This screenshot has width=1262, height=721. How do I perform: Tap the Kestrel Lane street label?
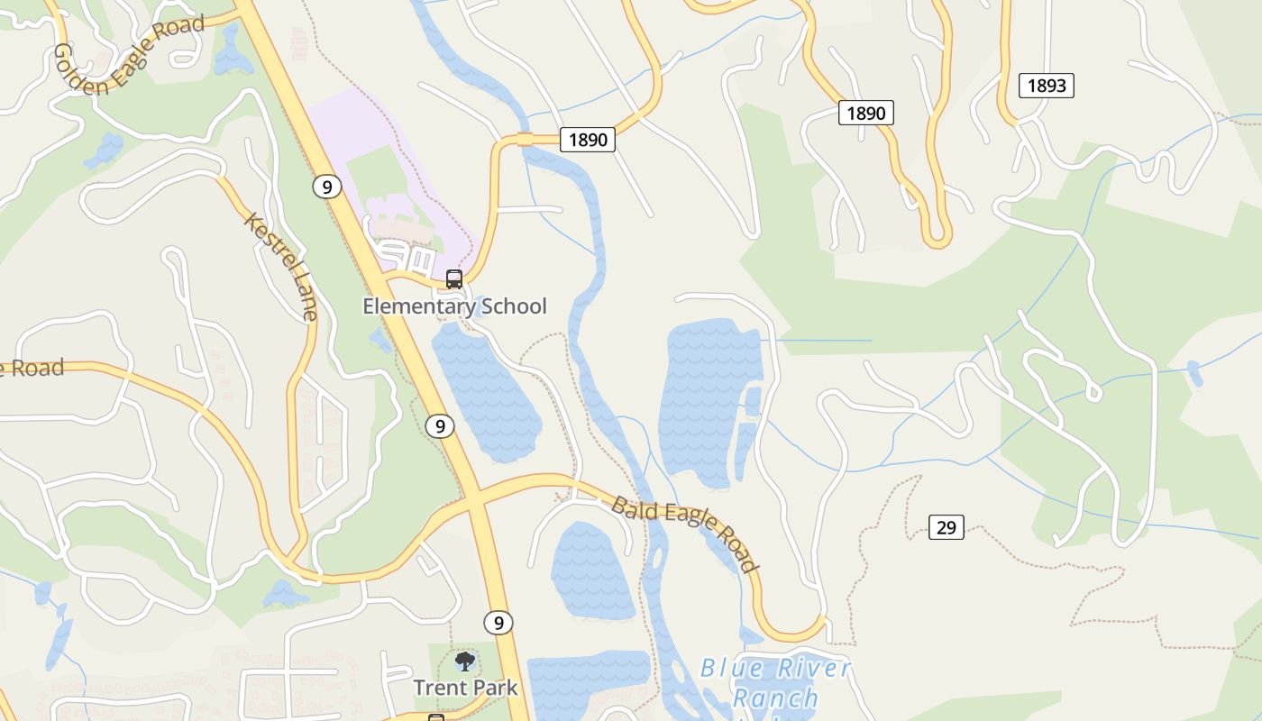281,267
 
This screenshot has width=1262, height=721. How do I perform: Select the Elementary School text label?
454,306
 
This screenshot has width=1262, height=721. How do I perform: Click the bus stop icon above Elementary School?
454,279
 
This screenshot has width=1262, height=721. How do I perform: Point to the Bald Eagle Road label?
684,533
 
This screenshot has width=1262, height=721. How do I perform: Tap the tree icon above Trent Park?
465,662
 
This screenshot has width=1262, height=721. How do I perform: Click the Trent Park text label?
465,688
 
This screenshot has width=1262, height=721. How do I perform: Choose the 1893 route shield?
1047,86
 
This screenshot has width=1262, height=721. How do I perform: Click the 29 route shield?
946,527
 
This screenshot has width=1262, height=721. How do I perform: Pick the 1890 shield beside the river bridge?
588,140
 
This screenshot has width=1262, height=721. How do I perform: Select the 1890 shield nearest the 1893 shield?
866,113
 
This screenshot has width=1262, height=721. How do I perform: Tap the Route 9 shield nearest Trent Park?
498,622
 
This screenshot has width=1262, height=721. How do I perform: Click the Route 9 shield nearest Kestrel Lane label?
327,187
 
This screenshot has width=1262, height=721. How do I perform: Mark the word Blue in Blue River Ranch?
732,669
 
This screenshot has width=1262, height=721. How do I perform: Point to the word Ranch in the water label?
775,698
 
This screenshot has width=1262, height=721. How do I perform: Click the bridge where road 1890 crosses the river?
526,140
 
